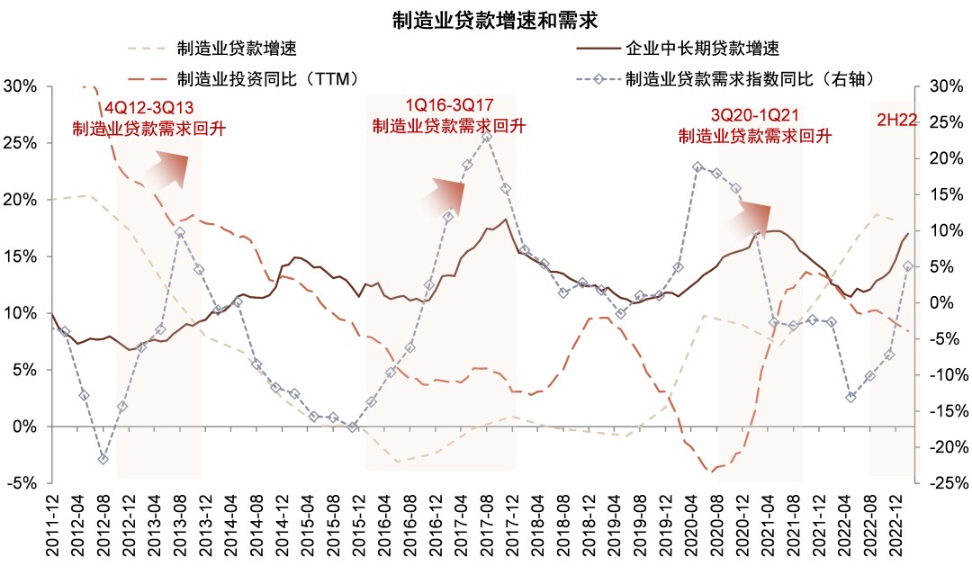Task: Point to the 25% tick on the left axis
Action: point(21,143)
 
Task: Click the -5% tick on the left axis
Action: point(21,483)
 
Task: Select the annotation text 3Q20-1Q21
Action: point(754,115)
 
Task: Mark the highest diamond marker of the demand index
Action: point(486,138)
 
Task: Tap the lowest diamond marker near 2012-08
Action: point(103,459)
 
